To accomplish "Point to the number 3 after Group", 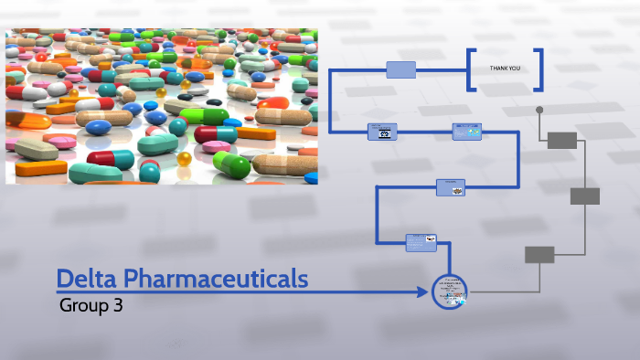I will [x=118, y=306].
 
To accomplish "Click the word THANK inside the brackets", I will [x=497, y=69].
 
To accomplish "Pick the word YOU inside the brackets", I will [x=516, y=69].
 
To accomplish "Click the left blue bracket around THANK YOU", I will [x=472, y=69].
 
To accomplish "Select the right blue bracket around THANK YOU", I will [x=539, y=69].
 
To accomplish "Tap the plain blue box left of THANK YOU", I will [x=400, y=69].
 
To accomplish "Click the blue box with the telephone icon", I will [x=382, y=132].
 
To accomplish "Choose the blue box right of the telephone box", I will [x=466, y=132].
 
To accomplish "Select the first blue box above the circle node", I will [x=421, y=242].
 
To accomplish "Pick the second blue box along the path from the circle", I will [x=451, y=186].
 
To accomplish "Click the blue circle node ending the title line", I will [x=449, y=292].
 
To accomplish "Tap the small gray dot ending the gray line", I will [x=539, y=110].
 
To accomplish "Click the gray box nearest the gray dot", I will [x=562, y=140].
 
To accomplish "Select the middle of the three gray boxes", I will [x=585, y=196].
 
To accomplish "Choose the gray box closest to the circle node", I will [x=539, y=255].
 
